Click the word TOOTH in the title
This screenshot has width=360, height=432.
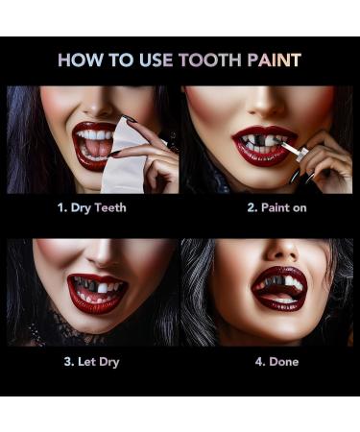tap(211, 60)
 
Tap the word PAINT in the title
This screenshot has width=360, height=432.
tap(275, 60)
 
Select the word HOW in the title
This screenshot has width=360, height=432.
tap(81, 60)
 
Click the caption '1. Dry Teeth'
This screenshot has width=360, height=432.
tap(92, 208)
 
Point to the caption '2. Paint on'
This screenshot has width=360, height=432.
tap(276, 208)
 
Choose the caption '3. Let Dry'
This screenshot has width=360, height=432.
tap(91, 362)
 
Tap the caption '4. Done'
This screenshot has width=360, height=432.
tap(277, 362)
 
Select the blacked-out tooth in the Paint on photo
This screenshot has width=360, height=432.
tap(258, 140)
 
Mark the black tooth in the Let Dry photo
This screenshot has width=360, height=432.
tap(93, 286)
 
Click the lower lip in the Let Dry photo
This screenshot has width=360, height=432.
tap(95, 304)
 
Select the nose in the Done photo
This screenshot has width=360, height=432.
tap(282, 251)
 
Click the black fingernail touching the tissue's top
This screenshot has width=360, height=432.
tap(130, 119)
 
